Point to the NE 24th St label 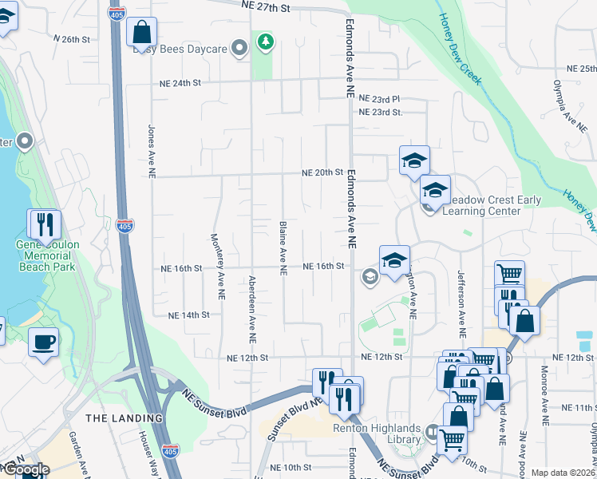(180, 82)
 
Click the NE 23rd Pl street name (379, 99)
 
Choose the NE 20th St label (322, 172)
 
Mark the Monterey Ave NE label (215, 266)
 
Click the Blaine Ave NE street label (283, 249)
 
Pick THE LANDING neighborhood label (124, 418)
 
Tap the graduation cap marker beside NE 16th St (394, 260)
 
